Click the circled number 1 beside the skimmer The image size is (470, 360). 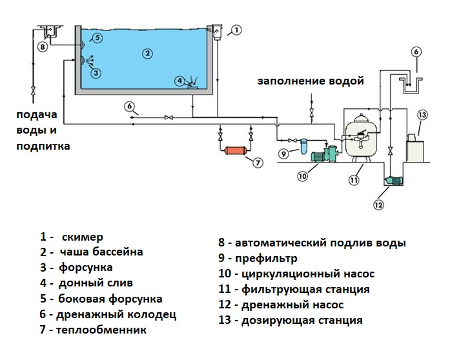[x=236, y=29]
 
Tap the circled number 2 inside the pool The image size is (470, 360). [x=147, y=53]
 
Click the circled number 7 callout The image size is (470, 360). [x=258, y=163]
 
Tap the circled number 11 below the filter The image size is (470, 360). [x=354, y=180]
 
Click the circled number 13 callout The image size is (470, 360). [x=422, y=115]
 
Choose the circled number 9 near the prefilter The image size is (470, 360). [x=282, y=154]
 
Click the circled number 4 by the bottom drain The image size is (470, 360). [x=179, y=81]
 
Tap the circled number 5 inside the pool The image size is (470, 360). [x=97, y=38]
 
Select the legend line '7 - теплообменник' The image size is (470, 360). [x=93, y=330]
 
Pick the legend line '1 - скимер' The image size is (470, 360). [x=71, y=237]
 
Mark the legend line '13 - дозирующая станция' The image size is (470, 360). [x=290, y=320]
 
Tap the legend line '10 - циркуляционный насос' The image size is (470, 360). [x=296, y=274]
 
